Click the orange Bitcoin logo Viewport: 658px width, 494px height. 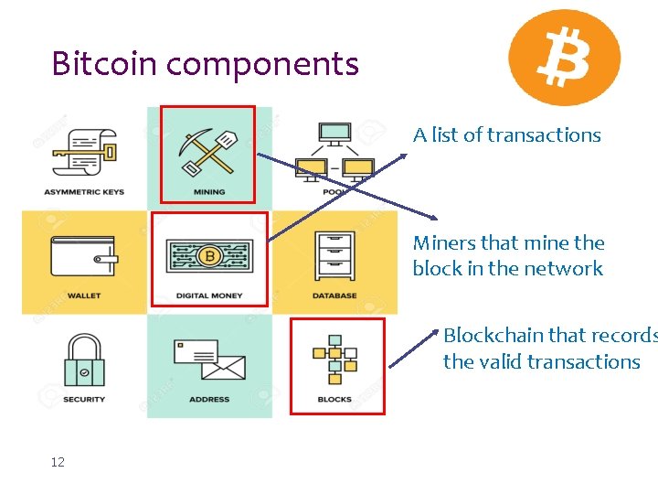coord(564,58)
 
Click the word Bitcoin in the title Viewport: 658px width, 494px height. coord(105,64)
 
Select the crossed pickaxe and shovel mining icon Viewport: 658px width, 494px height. coord(209,150)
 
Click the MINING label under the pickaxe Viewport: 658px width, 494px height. coord(209,192)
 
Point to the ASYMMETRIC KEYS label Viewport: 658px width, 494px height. coord(84,192)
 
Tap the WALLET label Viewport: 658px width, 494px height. coord(84,295)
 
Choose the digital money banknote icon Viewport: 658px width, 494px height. coord(209,255)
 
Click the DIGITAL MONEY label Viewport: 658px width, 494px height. coord(209,295)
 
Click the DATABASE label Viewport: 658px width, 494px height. coord(334,295)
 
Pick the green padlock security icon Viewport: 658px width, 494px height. coord(84,360)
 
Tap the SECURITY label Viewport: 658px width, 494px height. coord(84,400)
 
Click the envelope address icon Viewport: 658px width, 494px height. coord(209,360)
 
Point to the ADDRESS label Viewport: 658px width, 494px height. coord(209,400)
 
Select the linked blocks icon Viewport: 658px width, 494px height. coord(334,359)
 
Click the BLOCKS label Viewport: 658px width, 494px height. coord(334,400)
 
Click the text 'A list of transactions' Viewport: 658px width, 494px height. coord(506,135)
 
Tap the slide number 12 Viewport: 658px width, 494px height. coord(58,463)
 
